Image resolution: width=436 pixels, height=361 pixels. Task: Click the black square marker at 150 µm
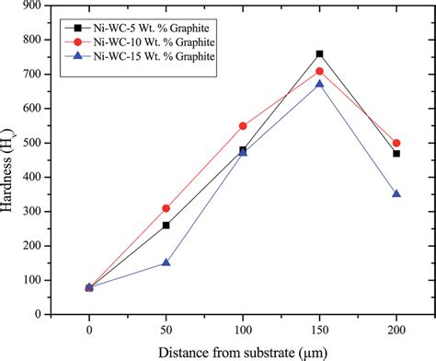pyautogui.click(x=319, y=54)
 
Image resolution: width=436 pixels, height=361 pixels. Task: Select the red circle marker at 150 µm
pyautogui.click(x=319, y=71)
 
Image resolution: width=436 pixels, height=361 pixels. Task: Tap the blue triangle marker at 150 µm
pyautogui.click(x=319, y=84)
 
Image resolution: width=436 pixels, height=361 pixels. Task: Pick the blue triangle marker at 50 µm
pyautogui.click(x=166, y=262)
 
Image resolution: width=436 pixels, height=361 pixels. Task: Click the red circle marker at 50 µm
pyautogui.click(x=166, y=208)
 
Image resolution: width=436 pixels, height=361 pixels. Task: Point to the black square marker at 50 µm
pyautogui.click(x=166, y=225)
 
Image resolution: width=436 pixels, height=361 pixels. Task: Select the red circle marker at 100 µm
pyautogui.click(x=243, y=126)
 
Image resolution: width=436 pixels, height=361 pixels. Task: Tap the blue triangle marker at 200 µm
pyautogui.click(x=396, y=193)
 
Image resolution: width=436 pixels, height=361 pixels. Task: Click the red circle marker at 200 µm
pyautogui.click(x=396, y=143)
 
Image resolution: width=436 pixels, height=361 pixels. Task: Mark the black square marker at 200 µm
pyautogui.click(x=396, y=153)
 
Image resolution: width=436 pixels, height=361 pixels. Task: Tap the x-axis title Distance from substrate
pyautogui.click(x=242, y=351)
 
